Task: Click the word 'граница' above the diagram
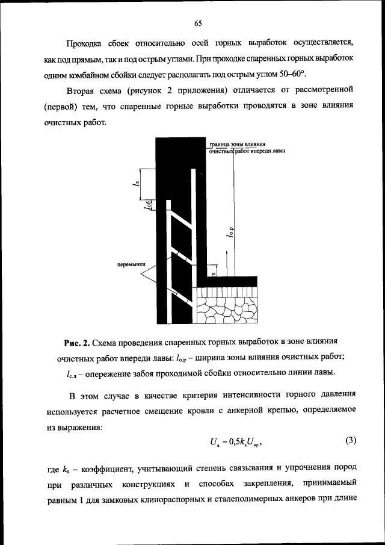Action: click(220, 145)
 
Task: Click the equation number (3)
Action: click(352, 440)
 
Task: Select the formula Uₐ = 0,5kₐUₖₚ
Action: click(236, 442)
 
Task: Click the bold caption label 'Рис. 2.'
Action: click(77, 343)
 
